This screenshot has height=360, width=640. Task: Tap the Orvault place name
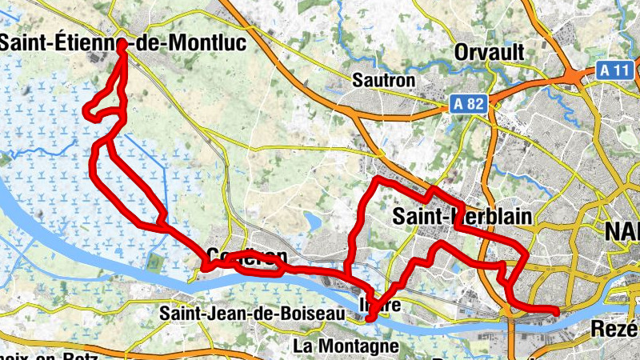click(489, 53)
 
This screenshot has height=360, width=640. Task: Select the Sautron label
click(384, 81)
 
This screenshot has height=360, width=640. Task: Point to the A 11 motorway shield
click(614, 70)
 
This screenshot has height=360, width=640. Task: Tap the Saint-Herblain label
click(462, 217)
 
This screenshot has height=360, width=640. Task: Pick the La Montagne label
click(346, 346)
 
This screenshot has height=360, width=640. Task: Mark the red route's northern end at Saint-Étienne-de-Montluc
click(122, 46)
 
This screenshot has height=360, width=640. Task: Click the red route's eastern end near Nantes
click(556, 310)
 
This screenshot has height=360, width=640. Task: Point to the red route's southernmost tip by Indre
click(369, 320)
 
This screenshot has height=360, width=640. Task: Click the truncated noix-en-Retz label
click(32, 354)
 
